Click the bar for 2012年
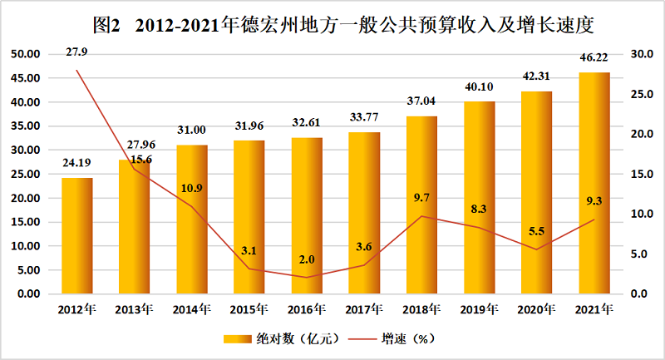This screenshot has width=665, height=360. point(76,236)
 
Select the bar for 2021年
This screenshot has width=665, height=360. point(594,183)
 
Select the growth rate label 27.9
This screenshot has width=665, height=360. point(79,52)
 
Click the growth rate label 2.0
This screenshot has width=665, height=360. point(308,259)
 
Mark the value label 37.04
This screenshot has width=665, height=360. point(422,102)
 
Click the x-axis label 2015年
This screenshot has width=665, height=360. point(250,310)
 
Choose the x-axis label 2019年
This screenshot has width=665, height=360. point(480,310)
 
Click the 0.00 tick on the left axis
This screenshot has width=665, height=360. point(27,294)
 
